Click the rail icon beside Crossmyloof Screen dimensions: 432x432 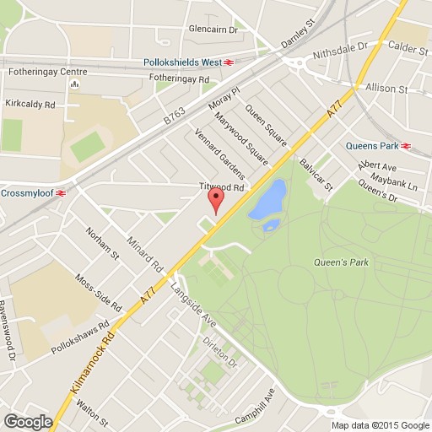click(x=61, y=192)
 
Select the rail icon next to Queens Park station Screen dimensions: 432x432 click(x=407, y=145)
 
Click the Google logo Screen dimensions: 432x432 click(x=27, y=422)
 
